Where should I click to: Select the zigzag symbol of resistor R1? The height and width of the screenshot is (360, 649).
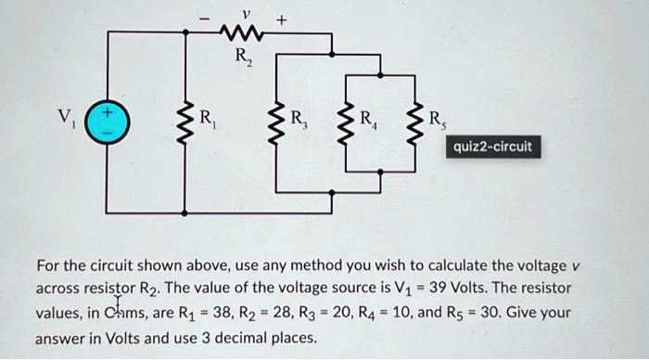[x=185, y=120]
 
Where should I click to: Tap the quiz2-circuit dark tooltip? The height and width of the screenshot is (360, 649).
[x=492, y=147]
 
